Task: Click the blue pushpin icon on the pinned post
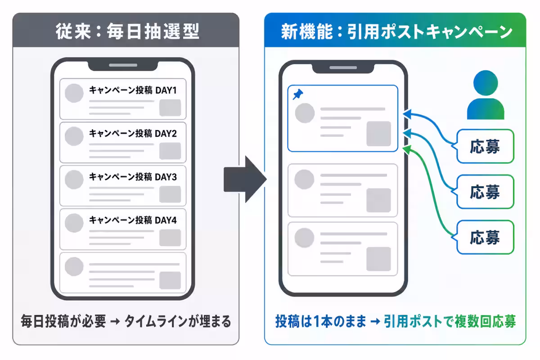(x=298, y=94)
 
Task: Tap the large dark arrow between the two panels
(x=245, y=180)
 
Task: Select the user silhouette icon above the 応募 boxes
(x=486, y=95)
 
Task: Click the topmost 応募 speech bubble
(x=485, y=146)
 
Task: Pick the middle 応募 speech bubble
(x=485, y=192)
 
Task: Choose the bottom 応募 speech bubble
(x=485, y=237)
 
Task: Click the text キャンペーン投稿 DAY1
(x=133, y=90)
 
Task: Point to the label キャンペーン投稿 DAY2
(x=133, y=133)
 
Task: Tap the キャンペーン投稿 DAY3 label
(x=133, y=177)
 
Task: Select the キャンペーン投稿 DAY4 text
(x=133, y=220)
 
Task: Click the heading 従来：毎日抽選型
(x=127, y=31)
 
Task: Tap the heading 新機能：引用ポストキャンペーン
(x=396, y=31)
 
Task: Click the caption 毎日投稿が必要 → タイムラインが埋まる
(x=126, y=321)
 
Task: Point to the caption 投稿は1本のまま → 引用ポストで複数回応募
(x=396, y=321)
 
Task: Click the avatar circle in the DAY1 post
(x=74, y=93)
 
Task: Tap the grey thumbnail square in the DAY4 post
(x=170, y=238)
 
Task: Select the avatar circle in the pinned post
(x=305, y=113)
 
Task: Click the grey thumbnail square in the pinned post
(x=379, y=134)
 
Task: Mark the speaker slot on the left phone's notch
(x=123, y=65)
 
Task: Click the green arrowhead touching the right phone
(x=407, y=150)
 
